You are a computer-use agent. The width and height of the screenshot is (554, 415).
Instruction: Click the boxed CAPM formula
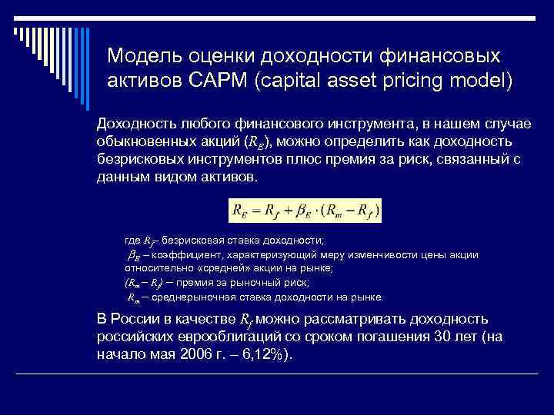(x=305, y=209)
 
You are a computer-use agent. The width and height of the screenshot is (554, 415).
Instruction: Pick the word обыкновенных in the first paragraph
(x=147, y=142)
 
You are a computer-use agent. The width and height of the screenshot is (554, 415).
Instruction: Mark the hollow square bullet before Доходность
(x=85, y=124)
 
